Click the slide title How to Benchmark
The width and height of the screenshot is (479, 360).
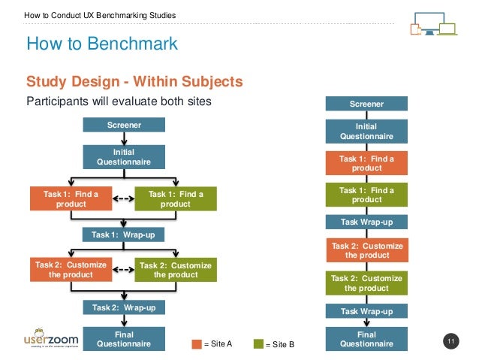coord(102,44)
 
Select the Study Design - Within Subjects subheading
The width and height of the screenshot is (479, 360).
coord(134,81)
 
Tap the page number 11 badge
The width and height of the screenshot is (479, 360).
coord(451,343)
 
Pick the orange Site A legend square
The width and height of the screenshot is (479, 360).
coord(197,344)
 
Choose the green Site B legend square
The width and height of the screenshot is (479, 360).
coord(259,344)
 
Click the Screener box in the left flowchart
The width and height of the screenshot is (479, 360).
coord(122,126)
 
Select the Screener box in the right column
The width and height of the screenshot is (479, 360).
coord(366,104)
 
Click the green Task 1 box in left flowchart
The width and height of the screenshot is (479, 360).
coord(176,199)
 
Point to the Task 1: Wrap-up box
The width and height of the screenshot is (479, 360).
coord(122,235)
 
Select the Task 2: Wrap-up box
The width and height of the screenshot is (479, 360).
coord(122,307)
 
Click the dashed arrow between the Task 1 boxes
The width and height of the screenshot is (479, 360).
coord(123,199)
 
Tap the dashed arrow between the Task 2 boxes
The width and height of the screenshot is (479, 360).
coord(123,268)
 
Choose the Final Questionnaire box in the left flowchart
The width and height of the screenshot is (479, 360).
coord(122,339)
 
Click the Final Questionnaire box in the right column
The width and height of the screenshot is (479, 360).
coord(366,339)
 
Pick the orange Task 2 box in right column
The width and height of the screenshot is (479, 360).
coord(366,250)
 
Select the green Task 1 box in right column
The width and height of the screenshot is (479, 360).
coord(366,195)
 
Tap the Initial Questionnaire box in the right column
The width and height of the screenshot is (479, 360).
coord(366,132)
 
